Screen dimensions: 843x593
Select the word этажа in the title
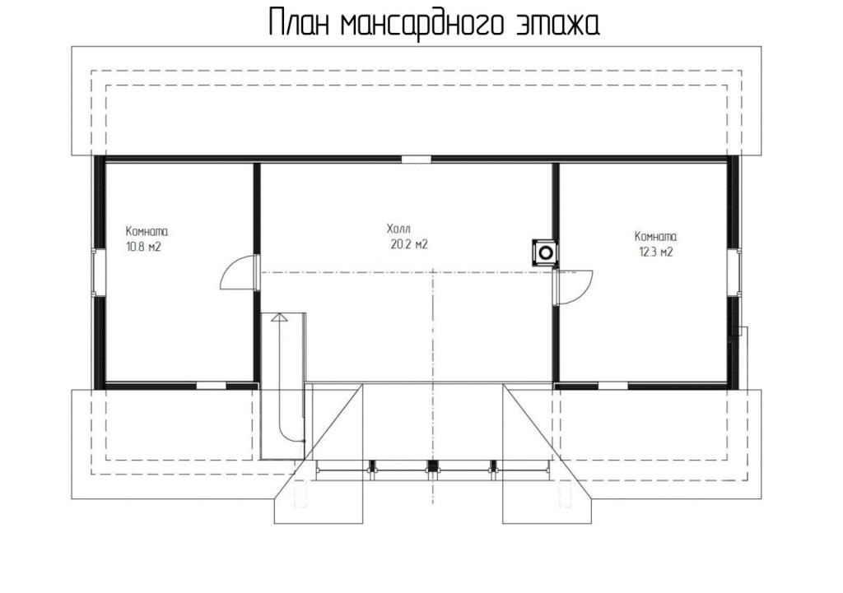point(557,25)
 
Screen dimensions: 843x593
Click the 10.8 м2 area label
point(143,248)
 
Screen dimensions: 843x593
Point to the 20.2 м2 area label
point(409,244)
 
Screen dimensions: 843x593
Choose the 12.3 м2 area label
point(656,252)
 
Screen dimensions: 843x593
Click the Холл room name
point(398,229)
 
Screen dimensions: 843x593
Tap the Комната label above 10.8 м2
point(147,231)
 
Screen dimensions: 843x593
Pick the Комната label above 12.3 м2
point(656,236)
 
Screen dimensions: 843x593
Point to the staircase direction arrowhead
point(279,317)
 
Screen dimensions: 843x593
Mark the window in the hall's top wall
point(417,160)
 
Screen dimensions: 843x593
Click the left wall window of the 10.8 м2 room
point(95,272)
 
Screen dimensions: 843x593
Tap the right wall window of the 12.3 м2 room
point(734,272)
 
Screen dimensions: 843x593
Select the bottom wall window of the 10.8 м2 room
point(211,385)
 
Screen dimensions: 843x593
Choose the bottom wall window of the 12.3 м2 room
point(612,385)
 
